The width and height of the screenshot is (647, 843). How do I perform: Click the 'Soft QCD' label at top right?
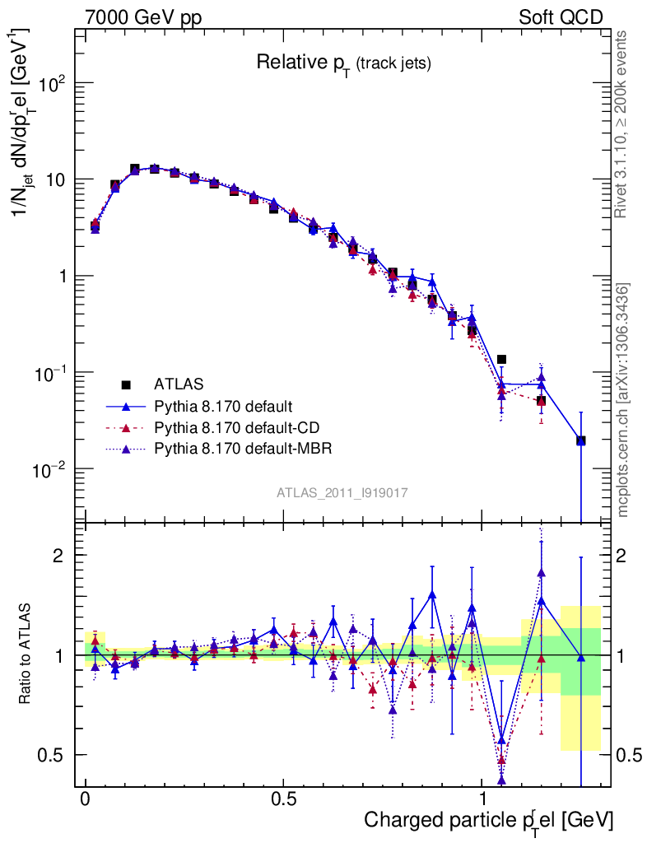pos(561,17)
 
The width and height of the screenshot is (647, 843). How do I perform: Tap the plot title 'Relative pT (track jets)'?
pos(343,63)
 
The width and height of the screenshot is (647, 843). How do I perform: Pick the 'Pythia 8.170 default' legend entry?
pos(224,406)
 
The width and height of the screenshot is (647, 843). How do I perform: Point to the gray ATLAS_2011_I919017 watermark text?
pos(342,492)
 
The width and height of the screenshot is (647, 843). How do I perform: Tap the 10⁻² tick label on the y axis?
pos(53,469)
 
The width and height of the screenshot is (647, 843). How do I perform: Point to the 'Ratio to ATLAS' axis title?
pos(26,654)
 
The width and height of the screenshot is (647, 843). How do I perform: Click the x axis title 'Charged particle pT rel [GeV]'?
pos(488,821)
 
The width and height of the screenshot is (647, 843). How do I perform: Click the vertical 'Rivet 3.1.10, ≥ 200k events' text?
pos(623,123)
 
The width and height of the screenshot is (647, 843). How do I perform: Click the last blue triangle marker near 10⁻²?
pos(581,440)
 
